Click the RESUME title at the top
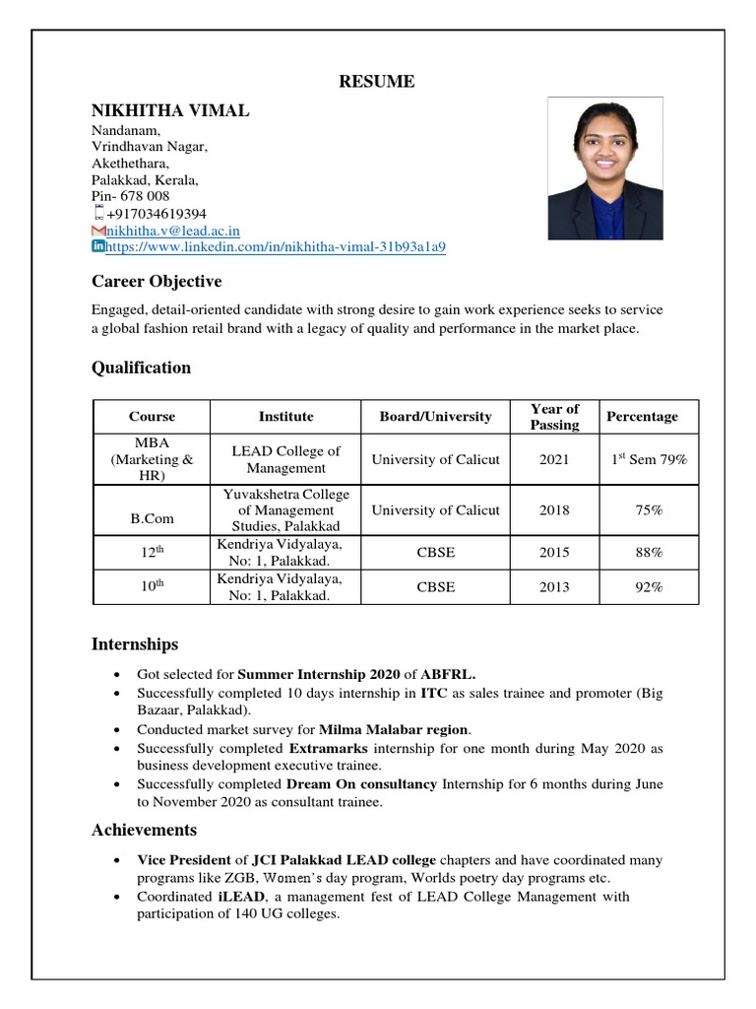pos(377,82)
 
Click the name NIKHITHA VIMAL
pos(170,110)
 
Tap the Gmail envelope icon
pos(97,231)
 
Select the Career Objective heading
pos(157,282)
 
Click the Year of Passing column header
pos(554,417)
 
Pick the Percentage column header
pos(642,417)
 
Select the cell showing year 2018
pos(554,510)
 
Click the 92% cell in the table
pos(649,586)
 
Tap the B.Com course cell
pos(152,510)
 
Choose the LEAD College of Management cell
pos(285,459)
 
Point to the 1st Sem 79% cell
pos(649,459)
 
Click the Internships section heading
pos(135,644)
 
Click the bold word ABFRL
pos(448,675)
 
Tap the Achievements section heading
pos(144,830)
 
